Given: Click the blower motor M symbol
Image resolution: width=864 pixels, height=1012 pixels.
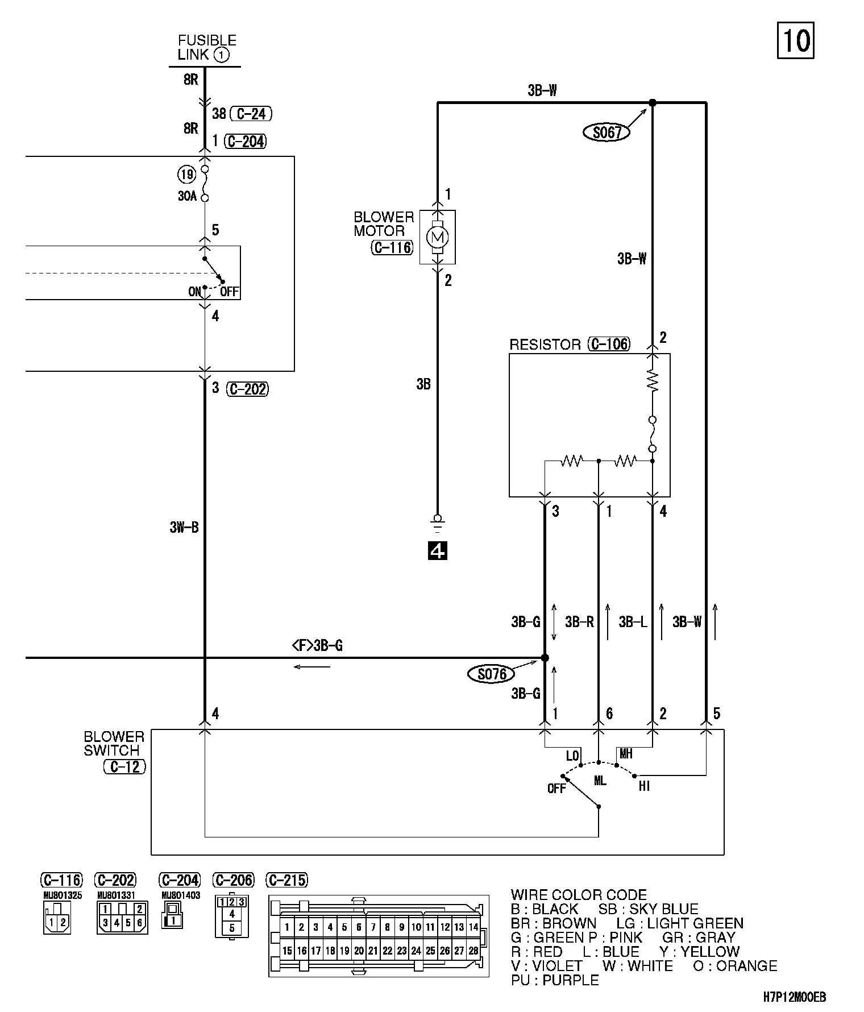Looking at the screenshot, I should (437, 237).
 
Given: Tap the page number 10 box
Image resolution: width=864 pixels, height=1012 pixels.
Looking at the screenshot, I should (796, 40).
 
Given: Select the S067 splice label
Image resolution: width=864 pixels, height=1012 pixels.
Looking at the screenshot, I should (607, 133).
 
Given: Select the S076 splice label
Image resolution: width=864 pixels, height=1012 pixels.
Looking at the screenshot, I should (491, 674).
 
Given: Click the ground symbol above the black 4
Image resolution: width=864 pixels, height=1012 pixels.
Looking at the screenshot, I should (437, 522).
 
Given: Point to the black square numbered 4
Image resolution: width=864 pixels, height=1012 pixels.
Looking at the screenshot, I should (437, 550).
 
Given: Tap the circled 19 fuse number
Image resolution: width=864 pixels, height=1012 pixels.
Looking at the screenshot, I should (186, 173).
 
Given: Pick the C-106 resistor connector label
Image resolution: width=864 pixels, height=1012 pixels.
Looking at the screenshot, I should (609, 344).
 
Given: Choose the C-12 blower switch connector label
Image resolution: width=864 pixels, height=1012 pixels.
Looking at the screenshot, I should (125, 766).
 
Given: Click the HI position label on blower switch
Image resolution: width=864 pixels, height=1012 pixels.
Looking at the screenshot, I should (644, 786).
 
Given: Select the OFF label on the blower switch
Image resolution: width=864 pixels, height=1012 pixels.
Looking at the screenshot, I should (556, 789).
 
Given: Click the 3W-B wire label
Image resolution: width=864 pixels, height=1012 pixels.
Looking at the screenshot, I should (184, 528).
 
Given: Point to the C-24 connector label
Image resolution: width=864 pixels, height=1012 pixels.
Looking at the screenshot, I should (250, 114).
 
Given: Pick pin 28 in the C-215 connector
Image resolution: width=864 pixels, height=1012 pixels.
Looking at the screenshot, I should (473, 951).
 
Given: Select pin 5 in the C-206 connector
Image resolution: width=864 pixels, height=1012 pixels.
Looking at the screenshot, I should (231, 928).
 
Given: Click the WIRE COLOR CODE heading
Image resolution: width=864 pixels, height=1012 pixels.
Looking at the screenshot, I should (579, 895).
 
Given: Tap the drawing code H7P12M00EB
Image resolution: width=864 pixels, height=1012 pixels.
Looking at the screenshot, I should (795, 997).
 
